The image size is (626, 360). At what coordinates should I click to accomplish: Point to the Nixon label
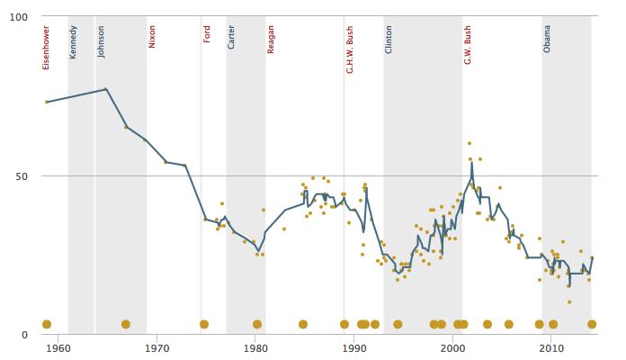(x=152, y=37)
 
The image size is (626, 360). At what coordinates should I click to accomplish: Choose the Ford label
(x=207, y=33)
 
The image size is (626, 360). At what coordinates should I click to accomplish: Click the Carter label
(x=231, y=37)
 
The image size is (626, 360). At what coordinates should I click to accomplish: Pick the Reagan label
(x=271, y=39)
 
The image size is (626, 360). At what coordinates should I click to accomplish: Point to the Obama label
(x=547, y=39)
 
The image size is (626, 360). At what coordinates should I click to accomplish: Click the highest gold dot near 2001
(x=469, y=143)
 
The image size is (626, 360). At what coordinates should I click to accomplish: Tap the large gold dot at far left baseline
(x=47, y=324)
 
